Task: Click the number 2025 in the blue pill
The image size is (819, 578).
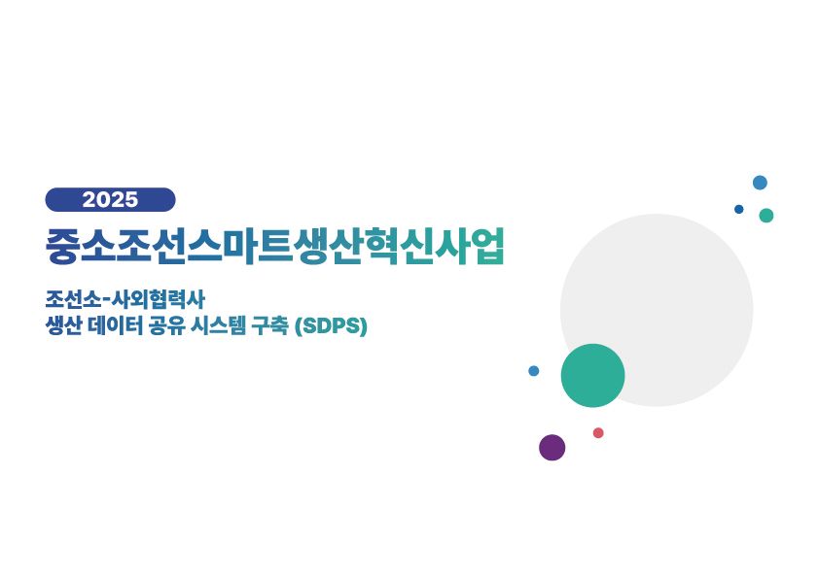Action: (110, 199)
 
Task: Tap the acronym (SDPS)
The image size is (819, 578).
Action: (331, 326)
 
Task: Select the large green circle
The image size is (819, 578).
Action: (592, 375)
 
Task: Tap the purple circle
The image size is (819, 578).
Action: (552, 448)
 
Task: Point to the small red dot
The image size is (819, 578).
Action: (598, 432)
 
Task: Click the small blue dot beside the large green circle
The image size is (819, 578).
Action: (534, 371)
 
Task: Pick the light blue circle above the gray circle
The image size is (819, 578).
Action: (760, 183)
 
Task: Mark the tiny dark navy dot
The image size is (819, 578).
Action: (738, 209)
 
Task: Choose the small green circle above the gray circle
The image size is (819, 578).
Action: (766, 216)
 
